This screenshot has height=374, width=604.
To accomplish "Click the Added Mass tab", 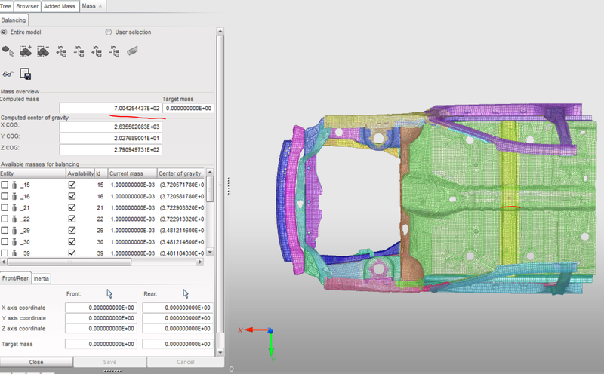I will point(60,5).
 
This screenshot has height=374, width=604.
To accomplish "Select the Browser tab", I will point(27,5).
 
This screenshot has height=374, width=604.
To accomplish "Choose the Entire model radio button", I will point(5,32).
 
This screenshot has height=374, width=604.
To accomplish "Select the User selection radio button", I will point(109,32).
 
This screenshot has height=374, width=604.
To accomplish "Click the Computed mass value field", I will point(110,109).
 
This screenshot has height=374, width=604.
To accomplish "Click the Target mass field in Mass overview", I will point(188,109).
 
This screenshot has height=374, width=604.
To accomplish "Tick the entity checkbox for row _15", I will point(5,185).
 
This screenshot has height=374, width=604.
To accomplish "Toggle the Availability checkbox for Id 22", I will point(72,219).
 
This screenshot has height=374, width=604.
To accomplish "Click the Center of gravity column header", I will point(181,173).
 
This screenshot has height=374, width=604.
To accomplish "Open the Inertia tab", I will point(42,278).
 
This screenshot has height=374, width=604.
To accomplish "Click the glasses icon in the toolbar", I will point(8,74).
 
